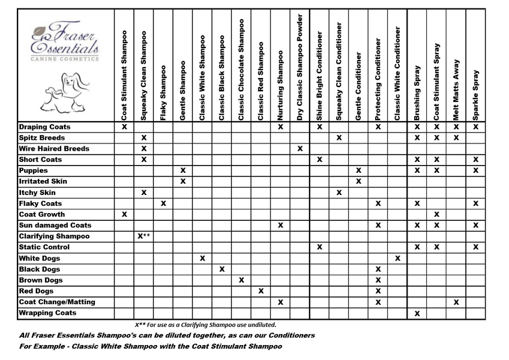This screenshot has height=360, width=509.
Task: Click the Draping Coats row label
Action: tap(45, 127)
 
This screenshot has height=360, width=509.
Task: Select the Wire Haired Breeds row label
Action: tap(54, 149)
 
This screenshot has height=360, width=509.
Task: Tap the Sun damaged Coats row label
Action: tap(55, 226)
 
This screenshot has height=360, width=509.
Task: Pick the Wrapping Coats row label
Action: tap(47, 313)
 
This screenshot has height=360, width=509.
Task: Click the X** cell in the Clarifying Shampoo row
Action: tap(144, 236)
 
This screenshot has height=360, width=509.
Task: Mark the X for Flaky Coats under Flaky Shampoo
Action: tap(163, 204)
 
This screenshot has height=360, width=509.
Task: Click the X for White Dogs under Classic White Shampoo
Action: tap(202, 258)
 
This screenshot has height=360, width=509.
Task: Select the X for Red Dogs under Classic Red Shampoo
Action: tap(261, 291)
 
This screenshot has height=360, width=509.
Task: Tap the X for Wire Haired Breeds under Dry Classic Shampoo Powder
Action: tap(300, 149)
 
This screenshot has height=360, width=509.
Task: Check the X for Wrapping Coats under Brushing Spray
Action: tap(417, 313)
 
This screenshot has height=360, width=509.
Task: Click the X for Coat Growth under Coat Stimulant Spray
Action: tap(436, 214)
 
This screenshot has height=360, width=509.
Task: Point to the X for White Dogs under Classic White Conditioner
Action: tap(397, 258)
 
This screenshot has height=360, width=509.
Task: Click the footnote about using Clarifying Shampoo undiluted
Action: tap(205, 325)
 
